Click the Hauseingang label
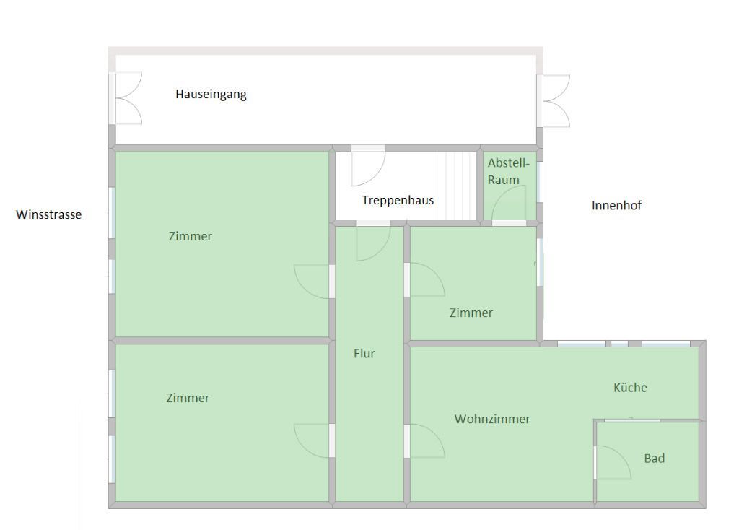click(x=211, y=95)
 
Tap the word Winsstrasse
click(x=48, y=214)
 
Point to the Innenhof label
click(x=616, y=205)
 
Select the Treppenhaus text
click(x=398, y=201)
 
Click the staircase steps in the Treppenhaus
click(x=456, y=186)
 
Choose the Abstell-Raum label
click(x=509, y=171)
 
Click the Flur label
click(x=364, y=353)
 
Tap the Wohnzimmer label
click(x=492, y=419)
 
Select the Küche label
click(x=630, y=388)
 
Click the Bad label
click(x=654, y=459)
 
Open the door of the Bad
click(x=613, y=462)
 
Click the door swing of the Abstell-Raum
click(x=509, y=204)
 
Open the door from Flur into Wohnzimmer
click(x=424, y=441)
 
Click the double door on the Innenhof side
click(x=554, y=101)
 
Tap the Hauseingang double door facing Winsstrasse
click(x=126, y=98)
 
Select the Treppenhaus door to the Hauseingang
click(x=368, y=166)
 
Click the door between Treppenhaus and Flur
click(x=373, y=240)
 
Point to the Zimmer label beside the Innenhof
click(x=471, y=313)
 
